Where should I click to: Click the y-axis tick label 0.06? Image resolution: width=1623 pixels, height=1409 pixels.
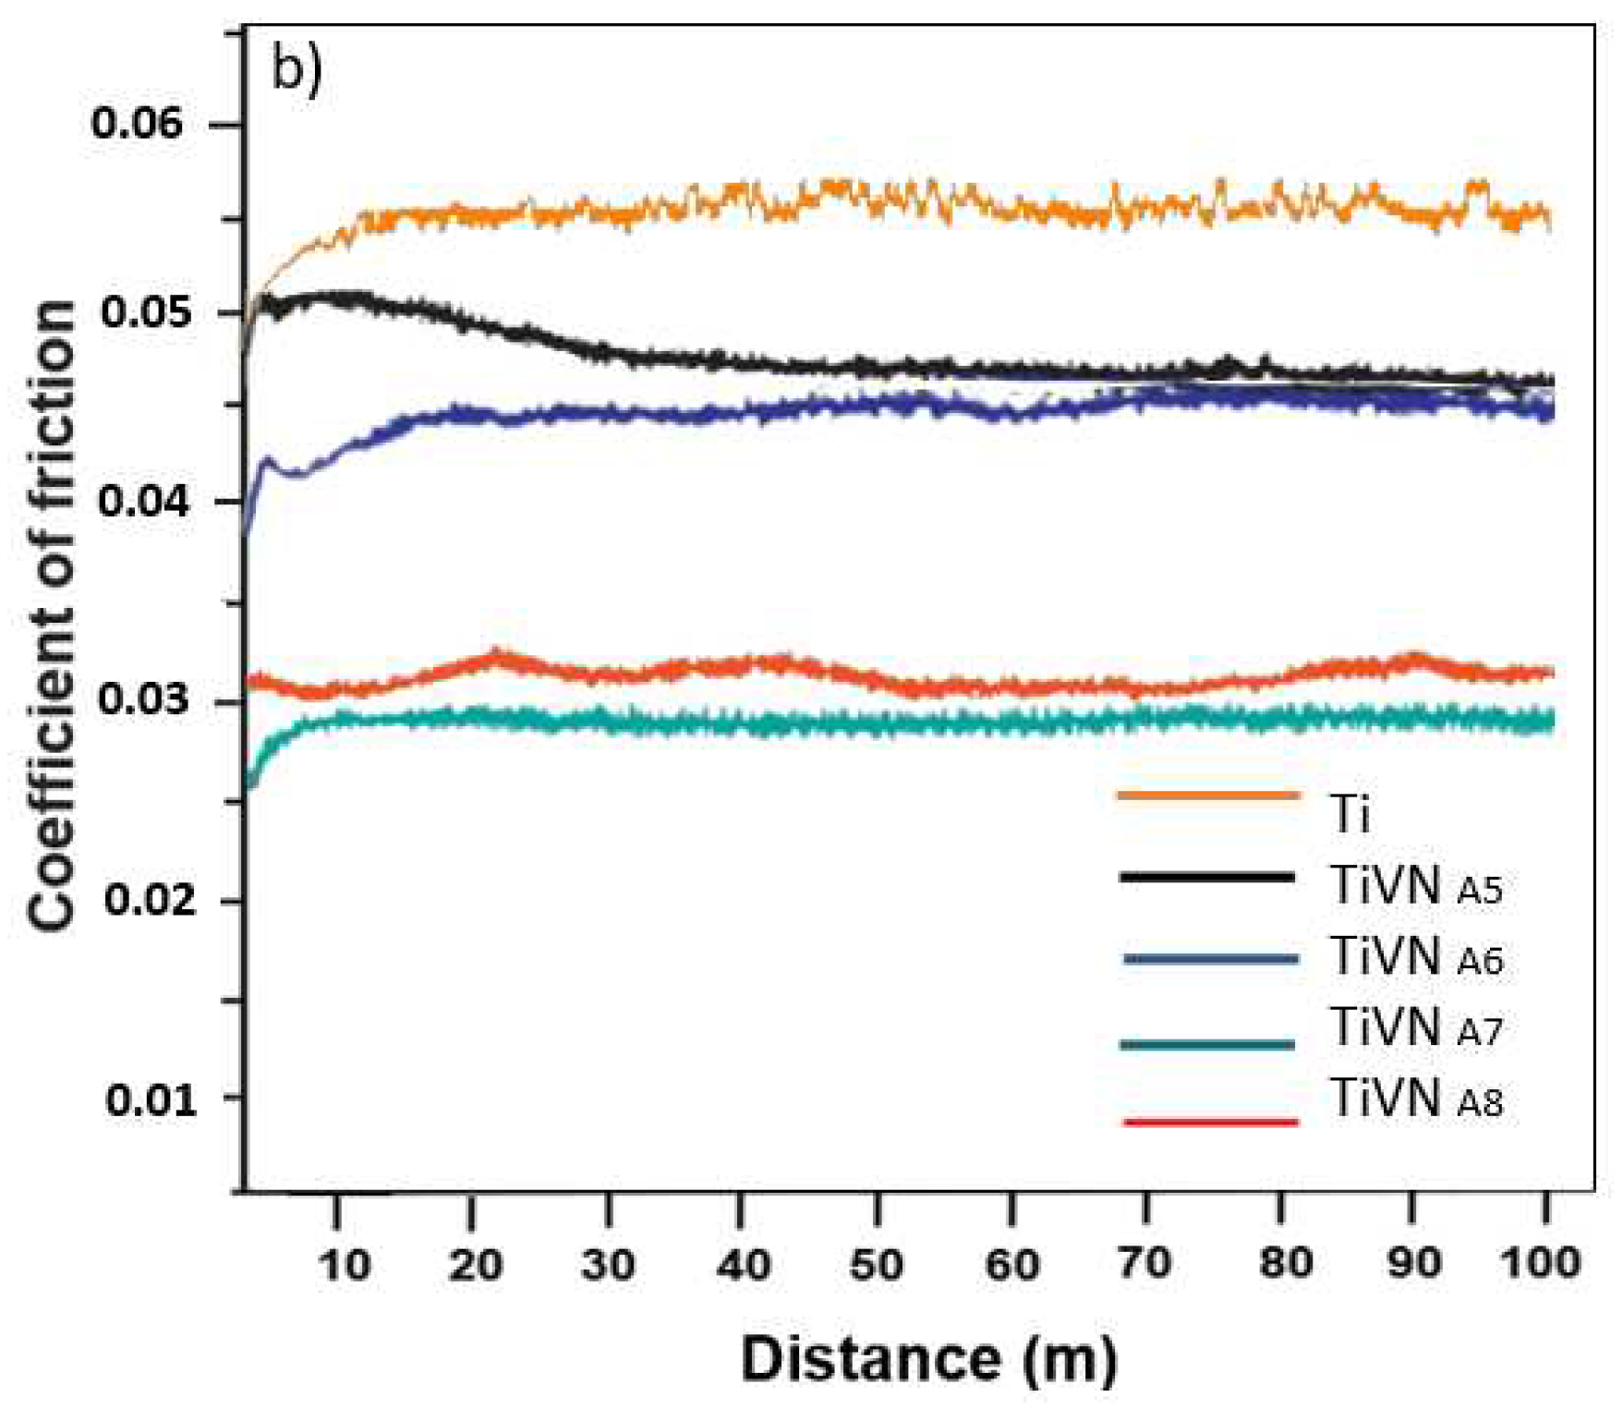point(139,124)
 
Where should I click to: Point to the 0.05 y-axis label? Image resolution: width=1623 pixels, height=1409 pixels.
point(145,312)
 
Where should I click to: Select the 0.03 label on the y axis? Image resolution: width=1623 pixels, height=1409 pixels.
point(143,700)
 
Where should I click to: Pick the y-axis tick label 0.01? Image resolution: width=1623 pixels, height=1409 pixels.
point(150,1099)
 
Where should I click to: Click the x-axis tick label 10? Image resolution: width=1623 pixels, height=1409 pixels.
point(344,1263)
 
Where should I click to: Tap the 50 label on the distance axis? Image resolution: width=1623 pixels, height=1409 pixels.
point(876,1263)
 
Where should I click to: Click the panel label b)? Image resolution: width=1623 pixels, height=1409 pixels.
point(296,69)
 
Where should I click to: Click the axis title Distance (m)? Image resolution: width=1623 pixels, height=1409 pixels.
point(928,1359)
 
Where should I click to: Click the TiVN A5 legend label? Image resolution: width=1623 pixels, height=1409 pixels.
point(1416,886)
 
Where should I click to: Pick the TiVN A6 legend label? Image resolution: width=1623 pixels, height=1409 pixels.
point(1416,957)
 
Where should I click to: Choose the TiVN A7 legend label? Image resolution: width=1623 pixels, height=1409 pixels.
point(1416,1027)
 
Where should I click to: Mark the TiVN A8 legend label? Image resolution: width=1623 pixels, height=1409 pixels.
point(1416,1099)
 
